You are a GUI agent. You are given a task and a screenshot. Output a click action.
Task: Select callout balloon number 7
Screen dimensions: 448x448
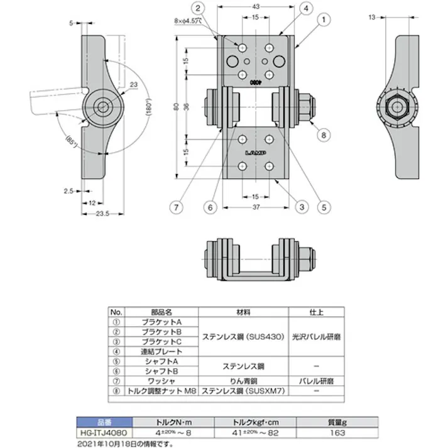click(x=178, y=205)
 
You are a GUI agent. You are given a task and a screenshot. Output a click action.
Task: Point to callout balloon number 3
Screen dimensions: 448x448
click(x=301, y=205)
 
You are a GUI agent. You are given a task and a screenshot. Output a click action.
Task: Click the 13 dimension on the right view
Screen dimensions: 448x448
click(x=373, y=17)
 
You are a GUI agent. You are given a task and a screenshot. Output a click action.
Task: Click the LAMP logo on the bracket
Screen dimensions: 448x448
click(x=255, y=153)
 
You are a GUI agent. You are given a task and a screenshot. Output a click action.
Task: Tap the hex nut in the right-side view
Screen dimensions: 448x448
click(x=398, y=106)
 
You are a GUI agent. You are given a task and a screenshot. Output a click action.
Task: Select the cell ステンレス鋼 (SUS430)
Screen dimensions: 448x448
click(x=243, y=336)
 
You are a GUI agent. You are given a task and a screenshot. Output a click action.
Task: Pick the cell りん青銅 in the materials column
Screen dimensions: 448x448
click(x=243, y=381)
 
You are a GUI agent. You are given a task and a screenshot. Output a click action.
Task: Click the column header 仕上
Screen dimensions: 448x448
click(x=316, y=312)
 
